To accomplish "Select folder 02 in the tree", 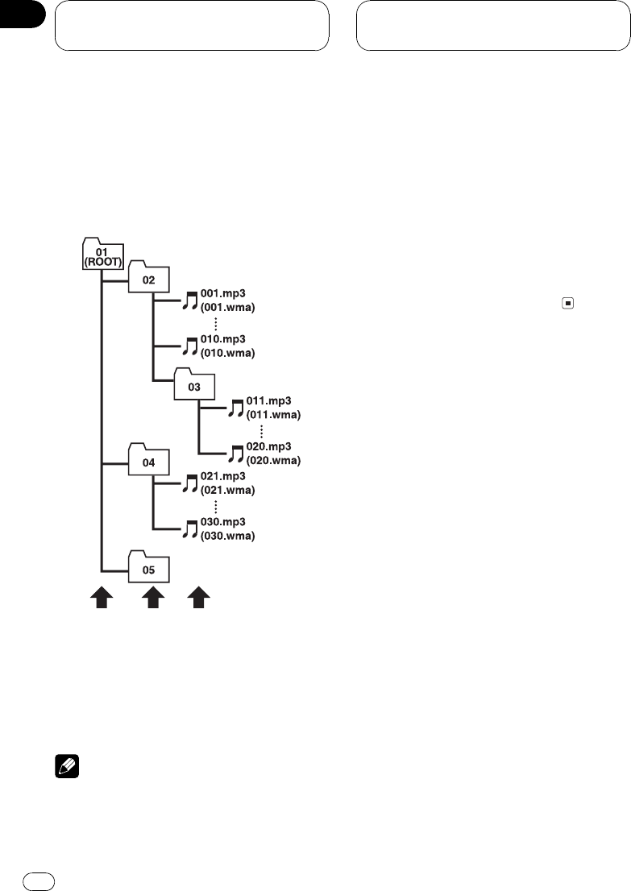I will pyautogui.click(x=148, y=279).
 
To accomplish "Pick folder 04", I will pyautogui.click(x=148, y=462).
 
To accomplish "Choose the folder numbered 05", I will pyautogui.click(x=148, y=569).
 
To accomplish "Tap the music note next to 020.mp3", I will pyautogui.click(x=236, y=454).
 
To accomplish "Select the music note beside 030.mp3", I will pyautogui.click(x=190, y=529).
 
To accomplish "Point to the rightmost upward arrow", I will pyautogui.click(x=199, y=598).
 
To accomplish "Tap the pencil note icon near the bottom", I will pyautogui.click(x=58, y=770).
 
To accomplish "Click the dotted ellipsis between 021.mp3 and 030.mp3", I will pyautogui.click(x=216, y=506).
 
